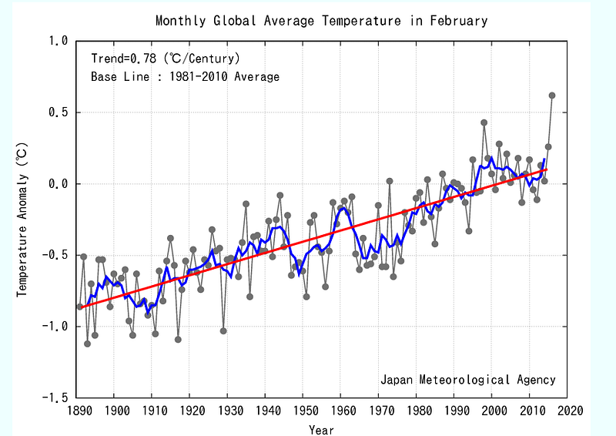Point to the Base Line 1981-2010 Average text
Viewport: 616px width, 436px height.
click(186, 76)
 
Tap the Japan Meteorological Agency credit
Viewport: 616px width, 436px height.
click(467, 380)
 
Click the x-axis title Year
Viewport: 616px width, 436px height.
click(321, 429)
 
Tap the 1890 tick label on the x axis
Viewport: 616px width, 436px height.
click(77, 411)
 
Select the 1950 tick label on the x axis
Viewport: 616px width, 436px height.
click(304, 411)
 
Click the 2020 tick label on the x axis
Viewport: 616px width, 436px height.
click(568, 411)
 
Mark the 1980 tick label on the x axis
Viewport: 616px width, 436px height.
click(417, 411)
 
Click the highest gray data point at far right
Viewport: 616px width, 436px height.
click(552, 96)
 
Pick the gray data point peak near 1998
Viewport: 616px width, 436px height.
click(484, 122)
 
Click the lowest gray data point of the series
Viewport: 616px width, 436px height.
click(88, 344)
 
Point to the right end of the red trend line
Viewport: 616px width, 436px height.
click(547, 169)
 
